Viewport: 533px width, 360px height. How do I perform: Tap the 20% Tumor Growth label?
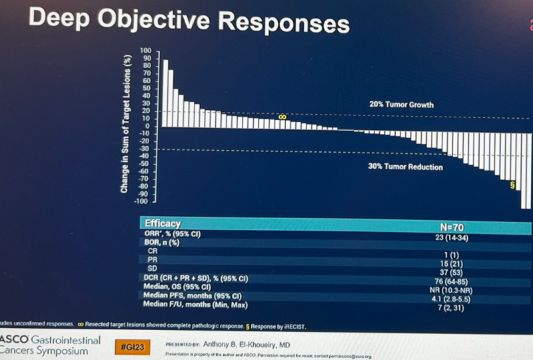(x=401, y=105)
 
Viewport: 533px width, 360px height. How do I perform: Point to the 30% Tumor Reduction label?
(x=405, y=167)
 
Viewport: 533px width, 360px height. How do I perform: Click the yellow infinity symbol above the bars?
(x=282, y=117)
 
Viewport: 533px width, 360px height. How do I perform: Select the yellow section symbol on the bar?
(x=512, y=185)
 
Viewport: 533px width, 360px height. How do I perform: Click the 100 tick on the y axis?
(x=146, y=51)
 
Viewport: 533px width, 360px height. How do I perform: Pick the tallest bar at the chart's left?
(x=165, y=93)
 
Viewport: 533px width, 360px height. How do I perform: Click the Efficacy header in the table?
(x=163, y=224)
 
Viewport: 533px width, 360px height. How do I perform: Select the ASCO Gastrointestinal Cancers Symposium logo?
(x=51, y=345)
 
